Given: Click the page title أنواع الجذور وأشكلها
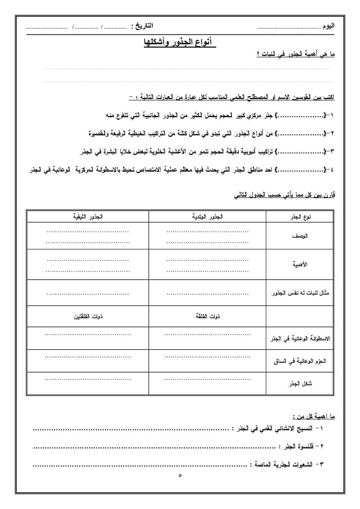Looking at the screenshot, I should (178, 42).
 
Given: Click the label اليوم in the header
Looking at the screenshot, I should (328, 26).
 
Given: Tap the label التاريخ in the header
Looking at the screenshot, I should (142, 26).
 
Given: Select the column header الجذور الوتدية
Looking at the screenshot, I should (207, 217).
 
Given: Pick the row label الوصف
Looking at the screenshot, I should (300, 236).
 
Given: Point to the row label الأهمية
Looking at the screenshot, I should (300, 264).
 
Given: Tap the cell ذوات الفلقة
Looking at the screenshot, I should (207, 316).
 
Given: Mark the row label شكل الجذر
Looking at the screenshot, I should (302, 383).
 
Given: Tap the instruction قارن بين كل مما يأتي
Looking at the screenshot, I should (284, 195).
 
